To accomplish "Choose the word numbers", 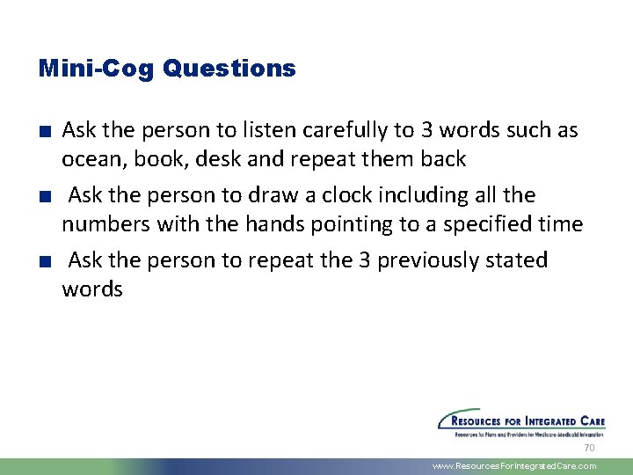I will [x=105, y=225].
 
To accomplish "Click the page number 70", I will [x=590, y=448].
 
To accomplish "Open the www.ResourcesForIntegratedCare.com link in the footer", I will [x=514, y=466].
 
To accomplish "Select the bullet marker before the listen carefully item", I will [x=44, y=132].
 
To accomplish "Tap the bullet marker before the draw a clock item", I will [x=44, y=196].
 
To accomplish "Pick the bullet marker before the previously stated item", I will [x=44, y=261].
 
